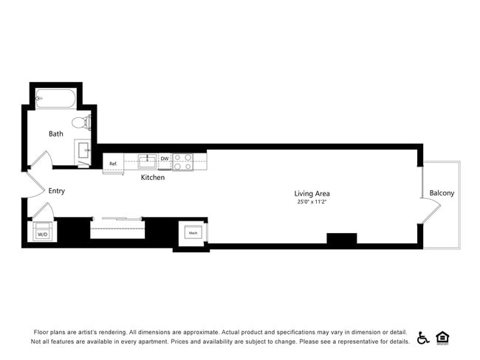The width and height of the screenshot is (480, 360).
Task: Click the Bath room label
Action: pos(56,134)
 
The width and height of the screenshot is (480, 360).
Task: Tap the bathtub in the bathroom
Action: pos(56,97)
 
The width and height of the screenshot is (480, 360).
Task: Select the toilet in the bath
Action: pos(82,122)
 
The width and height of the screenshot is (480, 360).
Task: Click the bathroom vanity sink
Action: pos(83,150)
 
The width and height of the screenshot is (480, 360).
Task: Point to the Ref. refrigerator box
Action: pos(114,164)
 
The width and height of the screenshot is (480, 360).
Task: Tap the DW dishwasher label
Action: pos(165,159)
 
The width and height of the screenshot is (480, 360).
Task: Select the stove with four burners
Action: pos(182,162)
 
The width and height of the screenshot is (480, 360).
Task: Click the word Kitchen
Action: pos(153,178)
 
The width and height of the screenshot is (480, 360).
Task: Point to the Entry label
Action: pos(57,191)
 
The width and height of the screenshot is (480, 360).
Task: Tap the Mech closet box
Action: pos(193,232)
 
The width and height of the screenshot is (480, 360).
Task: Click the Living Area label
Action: pos(312,193)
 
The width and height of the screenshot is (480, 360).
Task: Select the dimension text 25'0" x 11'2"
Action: pos(312,201)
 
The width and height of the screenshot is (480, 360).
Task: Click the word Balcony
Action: pos(442,193)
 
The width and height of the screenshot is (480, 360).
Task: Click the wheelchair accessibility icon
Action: pos(423,338)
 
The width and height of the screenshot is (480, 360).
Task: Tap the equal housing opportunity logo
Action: pos(443,338)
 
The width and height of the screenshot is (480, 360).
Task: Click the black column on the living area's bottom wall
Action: pos(342,238)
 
